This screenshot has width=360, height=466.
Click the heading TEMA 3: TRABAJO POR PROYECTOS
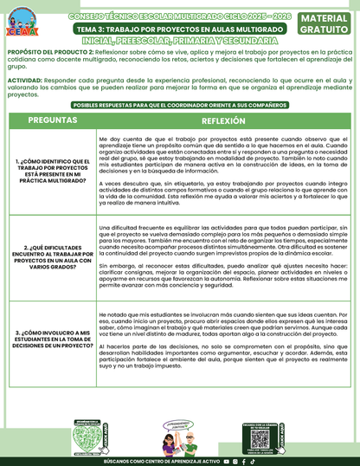[180, 29]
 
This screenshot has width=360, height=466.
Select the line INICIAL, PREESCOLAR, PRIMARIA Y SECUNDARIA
[180, 41]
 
